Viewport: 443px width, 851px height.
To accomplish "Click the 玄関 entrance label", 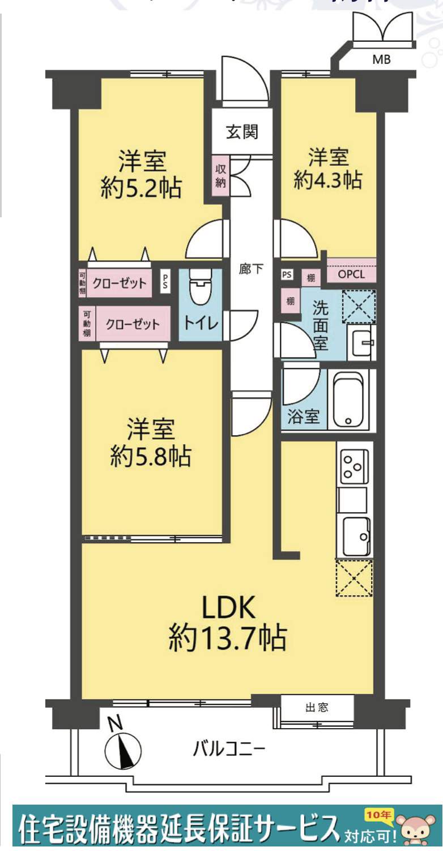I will pos(242,132).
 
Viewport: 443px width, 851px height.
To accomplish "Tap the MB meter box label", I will pos(381,59).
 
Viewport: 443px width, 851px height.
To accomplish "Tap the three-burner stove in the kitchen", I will pos(353,463).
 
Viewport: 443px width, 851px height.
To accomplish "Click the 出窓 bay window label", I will pos(317,707).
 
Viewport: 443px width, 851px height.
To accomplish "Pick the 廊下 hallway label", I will pos(250,269).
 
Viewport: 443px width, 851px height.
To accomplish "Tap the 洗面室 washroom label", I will pos(320,327).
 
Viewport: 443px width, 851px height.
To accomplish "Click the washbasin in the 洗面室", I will pos(360,342).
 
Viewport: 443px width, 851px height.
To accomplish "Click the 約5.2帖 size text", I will pos(140,188).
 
